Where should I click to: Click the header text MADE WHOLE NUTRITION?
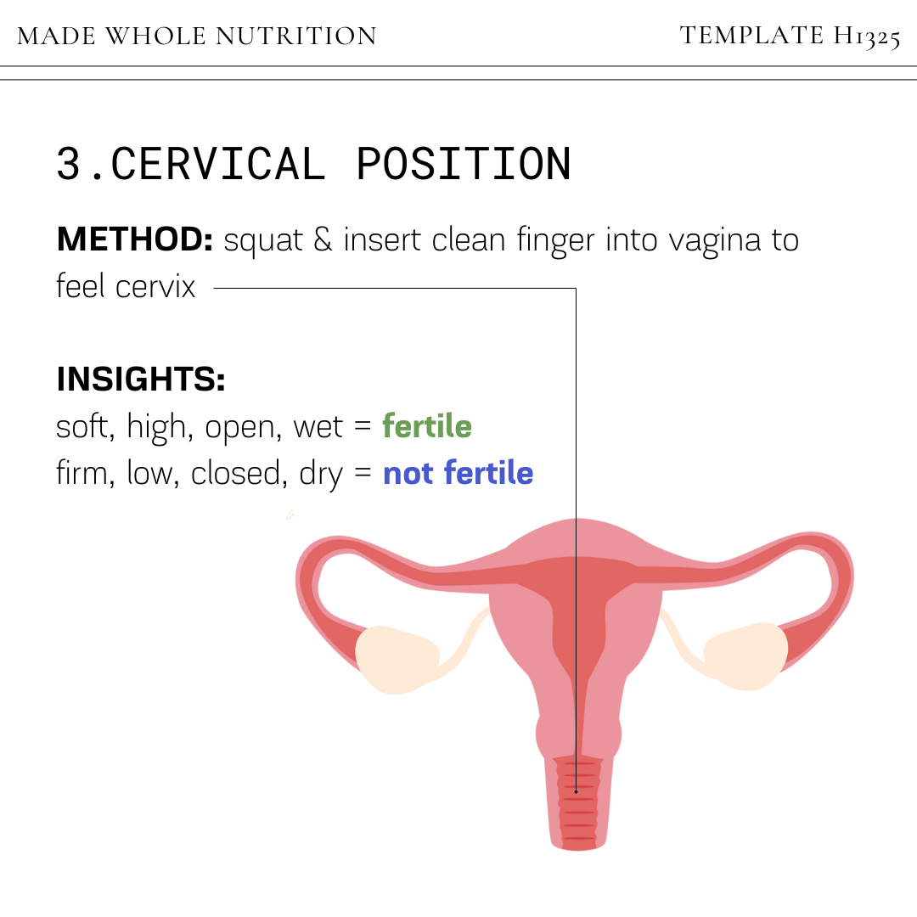197,37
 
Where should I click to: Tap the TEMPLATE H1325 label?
790,37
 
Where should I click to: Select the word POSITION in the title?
463,164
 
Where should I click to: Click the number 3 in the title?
69,164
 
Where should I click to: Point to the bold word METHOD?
134,240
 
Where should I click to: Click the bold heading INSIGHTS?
141,380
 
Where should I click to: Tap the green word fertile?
427,426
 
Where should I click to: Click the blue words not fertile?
458,473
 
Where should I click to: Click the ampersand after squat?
323,241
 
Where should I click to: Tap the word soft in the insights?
84,426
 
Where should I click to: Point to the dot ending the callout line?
577,792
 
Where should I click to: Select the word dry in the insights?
321,474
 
